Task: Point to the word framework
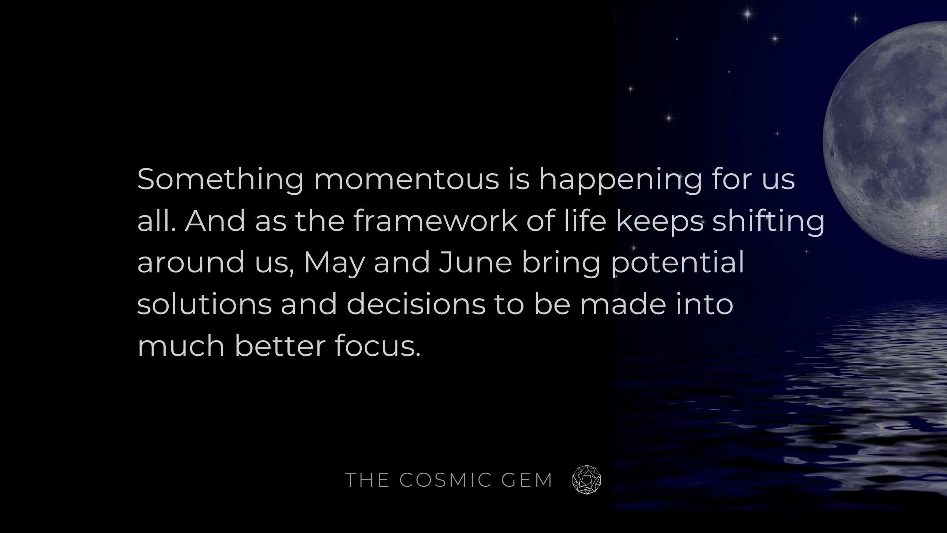point(435,221)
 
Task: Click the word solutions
point(205,304)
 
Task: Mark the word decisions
point(416,304)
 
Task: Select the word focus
point(378,346)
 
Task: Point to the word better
point(280,346)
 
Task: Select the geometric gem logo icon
point(586,480)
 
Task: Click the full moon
point(888,141)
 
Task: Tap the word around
point(191,263)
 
